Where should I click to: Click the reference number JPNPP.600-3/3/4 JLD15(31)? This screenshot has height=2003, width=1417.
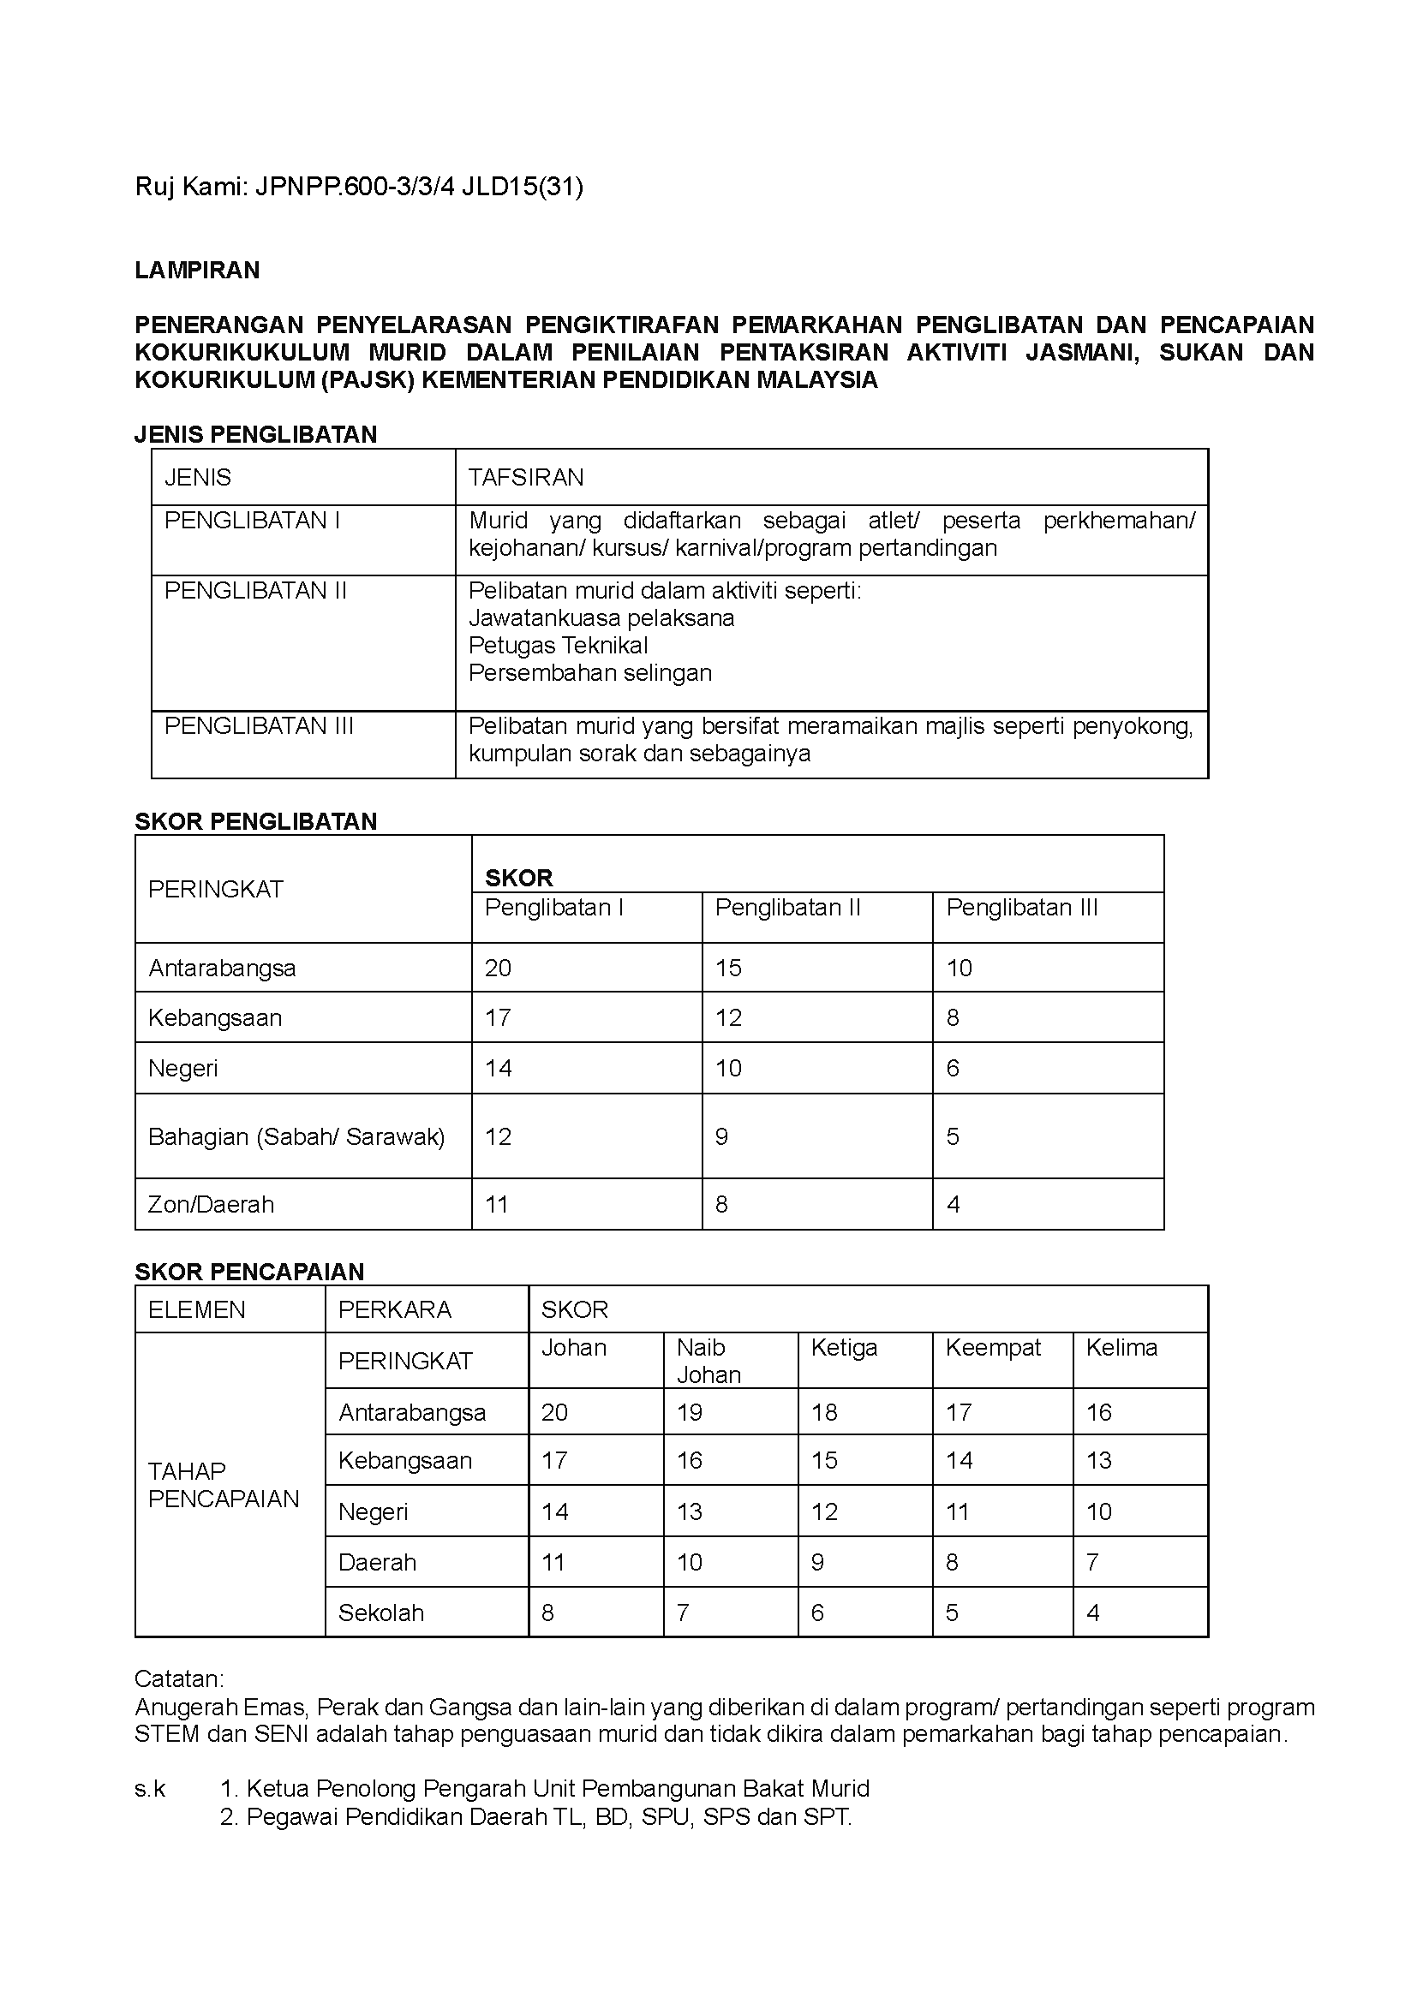[x=419, y=187]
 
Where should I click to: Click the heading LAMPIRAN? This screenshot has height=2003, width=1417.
[x=197, y=271]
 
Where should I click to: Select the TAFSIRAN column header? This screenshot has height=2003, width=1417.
[x=525, y=477]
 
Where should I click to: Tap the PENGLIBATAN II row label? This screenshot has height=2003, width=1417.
[x=255, y=591]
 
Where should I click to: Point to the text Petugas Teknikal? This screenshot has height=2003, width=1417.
[x=559, y=646]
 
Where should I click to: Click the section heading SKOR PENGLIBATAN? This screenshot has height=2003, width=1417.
[x=255, y=821]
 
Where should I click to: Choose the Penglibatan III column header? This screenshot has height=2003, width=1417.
[x=1022, y=907]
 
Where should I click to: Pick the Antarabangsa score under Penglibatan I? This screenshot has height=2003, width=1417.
[x=499, y=968]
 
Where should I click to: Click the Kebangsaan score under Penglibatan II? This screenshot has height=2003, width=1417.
[x=728, y=1017]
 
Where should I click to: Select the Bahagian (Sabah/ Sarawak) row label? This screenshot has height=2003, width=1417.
[x=296, y=1136]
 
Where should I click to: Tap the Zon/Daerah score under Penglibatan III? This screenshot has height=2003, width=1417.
[x=954, y=1205]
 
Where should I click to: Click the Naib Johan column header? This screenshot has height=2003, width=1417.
[x=708, y=1361]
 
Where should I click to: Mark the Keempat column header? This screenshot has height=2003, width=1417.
[x=993, y=1348]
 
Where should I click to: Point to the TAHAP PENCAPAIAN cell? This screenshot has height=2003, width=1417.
[x=224, y=1485]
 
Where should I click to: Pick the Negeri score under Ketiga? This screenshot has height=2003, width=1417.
[x=824, y=1511]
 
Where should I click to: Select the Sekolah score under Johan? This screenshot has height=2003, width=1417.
[x=548, y=1613]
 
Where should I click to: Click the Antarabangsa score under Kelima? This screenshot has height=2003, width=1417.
[x=1098, y=1412]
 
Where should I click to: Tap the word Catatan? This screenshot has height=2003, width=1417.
[x=179, y=1679]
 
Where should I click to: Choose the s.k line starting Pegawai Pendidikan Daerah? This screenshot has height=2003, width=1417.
[x=548, y=1817]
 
